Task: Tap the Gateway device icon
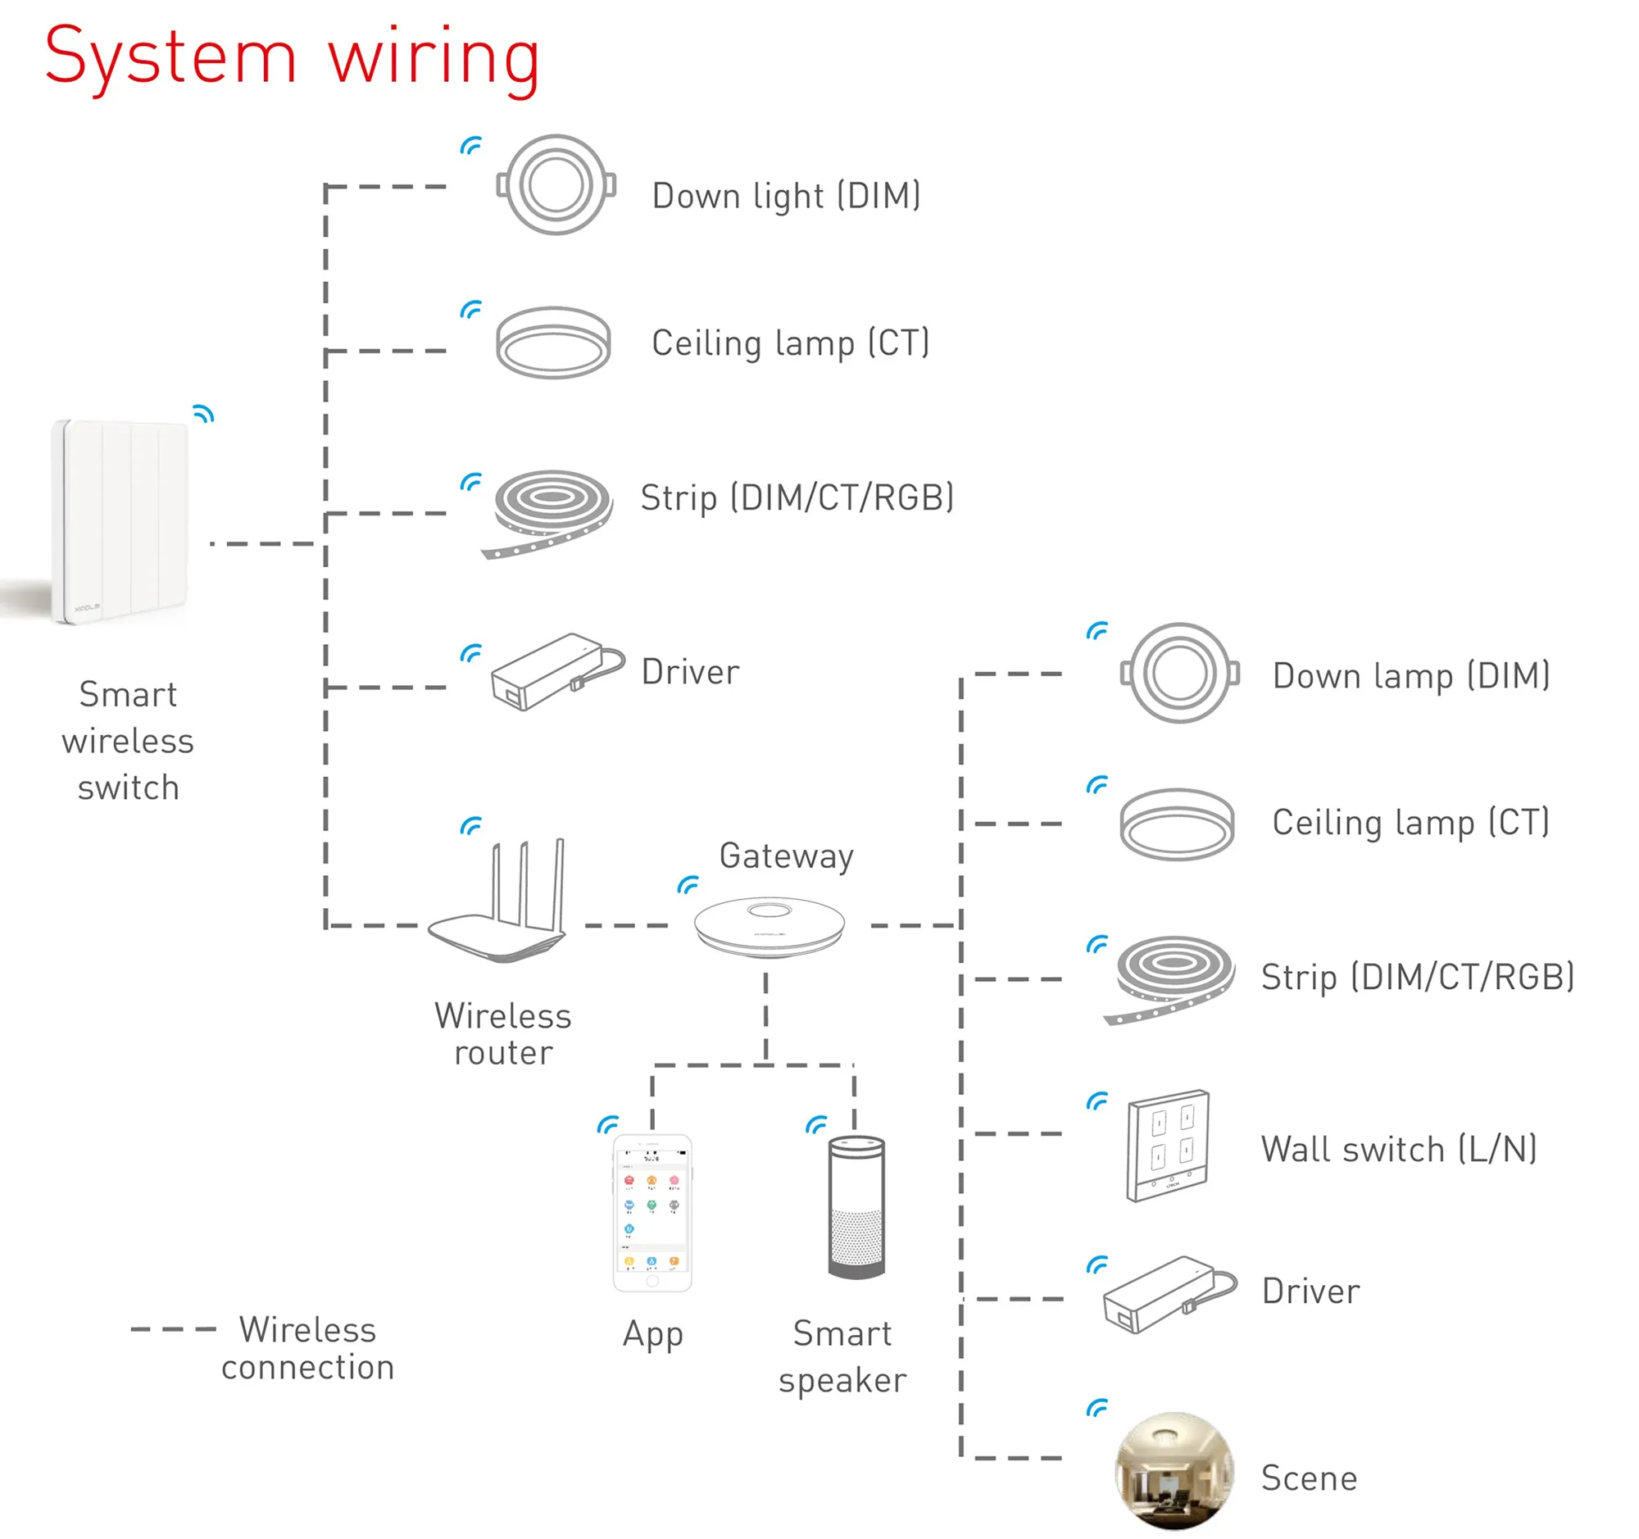coord(770,927)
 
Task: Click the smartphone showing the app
coord(652,1212)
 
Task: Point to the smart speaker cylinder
coord(856,1207)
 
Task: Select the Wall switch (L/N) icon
coord(1168,1146)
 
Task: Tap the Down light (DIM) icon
coord(556,184)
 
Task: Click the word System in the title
coord(170,57)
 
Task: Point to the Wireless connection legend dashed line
coord(173,1328)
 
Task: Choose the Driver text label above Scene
coord(1310,1291)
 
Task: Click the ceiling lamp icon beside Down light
coord(553,342)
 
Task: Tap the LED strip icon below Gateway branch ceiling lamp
coord(1172,978)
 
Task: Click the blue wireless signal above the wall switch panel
coord(1097,1101)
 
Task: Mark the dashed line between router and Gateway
coord(627,926)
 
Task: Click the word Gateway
coord(786,856)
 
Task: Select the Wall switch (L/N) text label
coord(1398,1148)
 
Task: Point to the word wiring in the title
coord(434,57)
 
